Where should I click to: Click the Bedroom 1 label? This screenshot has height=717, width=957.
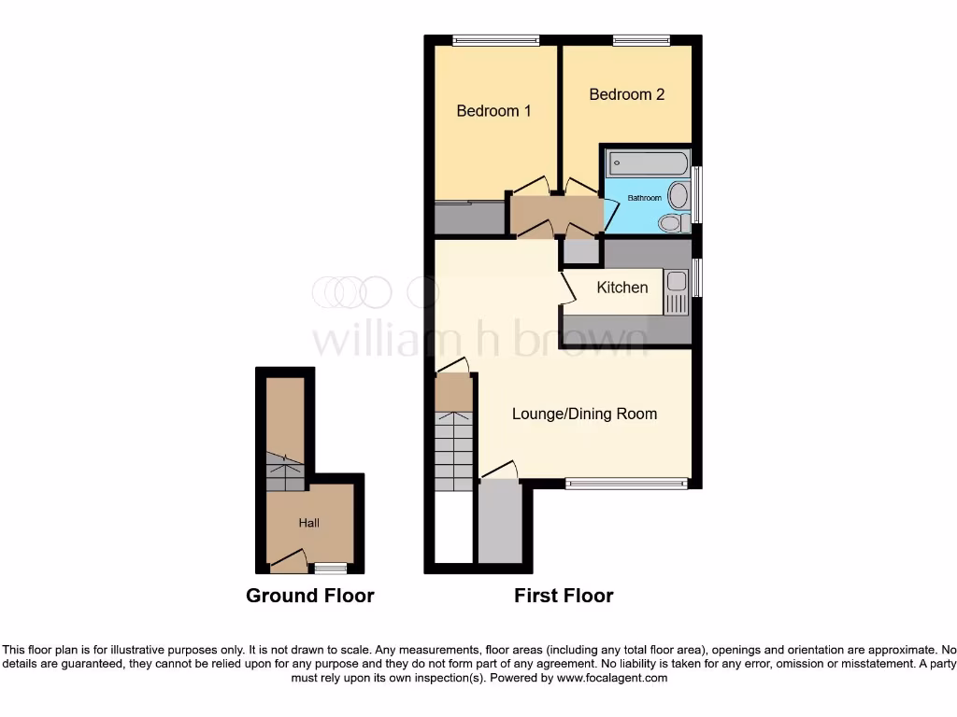pyautogui.click(x=493, y=111)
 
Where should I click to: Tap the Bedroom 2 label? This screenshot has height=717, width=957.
pyautogui.click(x=627, y=94)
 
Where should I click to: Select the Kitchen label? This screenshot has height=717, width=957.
pyautogui.click(x=622, y=288)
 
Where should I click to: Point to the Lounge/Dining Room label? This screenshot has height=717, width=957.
pyautogui.click(x=584, y=414)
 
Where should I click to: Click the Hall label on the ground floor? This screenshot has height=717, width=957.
pyautogui.click(x=308, y=523)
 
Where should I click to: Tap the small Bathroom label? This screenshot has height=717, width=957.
pyautogui.click(x=644, y=198)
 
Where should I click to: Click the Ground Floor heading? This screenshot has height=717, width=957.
pyautogui.click(x=309, y=596)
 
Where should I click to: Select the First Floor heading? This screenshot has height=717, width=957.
pyautogui.click(x=564, y=596)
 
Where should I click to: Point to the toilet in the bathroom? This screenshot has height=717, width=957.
pyautogui.click(x=670, y=222)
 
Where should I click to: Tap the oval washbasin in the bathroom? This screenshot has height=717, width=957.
pyautogui.click(x=678, y=195)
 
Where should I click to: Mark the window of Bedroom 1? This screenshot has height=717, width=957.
pyautogui.click(x=496, y=40)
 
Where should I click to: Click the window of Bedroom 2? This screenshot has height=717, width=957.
pyautogui.click(x=641, y=40)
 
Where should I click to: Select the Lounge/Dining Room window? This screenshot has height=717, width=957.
pyautogui.click(x=626, y=483)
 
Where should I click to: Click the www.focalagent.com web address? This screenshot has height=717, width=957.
pyautogui.click(x=612, y=678)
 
